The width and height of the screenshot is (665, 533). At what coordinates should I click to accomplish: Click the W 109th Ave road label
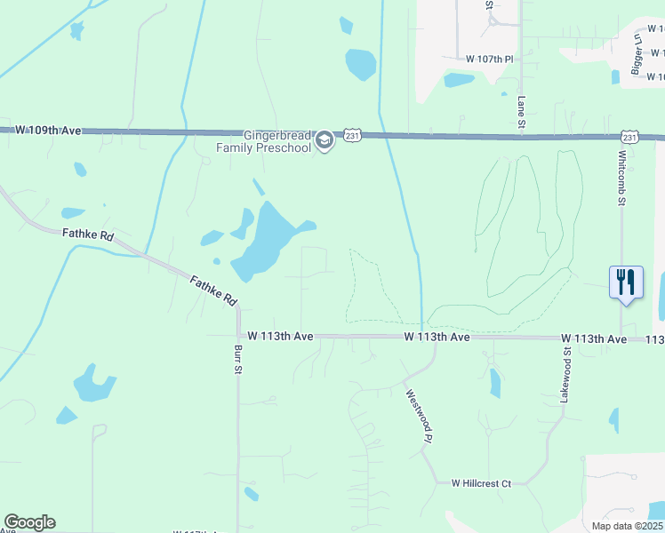48,131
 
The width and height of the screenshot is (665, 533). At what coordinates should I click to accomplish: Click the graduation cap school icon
324,140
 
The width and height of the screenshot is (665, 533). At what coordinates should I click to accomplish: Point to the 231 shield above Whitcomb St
629,137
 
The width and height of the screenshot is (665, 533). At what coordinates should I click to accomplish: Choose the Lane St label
521,112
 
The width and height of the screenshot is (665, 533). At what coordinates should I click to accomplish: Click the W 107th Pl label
490,59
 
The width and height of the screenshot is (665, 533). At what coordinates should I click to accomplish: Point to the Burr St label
238,359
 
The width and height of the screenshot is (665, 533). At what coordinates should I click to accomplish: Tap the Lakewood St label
565,376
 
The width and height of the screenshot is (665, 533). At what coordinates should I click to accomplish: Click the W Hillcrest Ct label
481,483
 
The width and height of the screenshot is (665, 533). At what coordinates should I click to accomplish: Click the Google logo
29,522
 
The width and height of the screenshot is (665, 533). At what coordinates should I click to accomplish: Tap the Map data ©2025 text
627,526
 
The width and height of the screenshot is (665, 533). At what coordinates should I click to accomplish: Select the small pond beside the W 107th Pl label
459,80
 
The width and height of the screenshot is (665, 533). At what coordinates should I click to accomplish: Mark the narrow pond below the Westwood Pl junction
495,383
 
